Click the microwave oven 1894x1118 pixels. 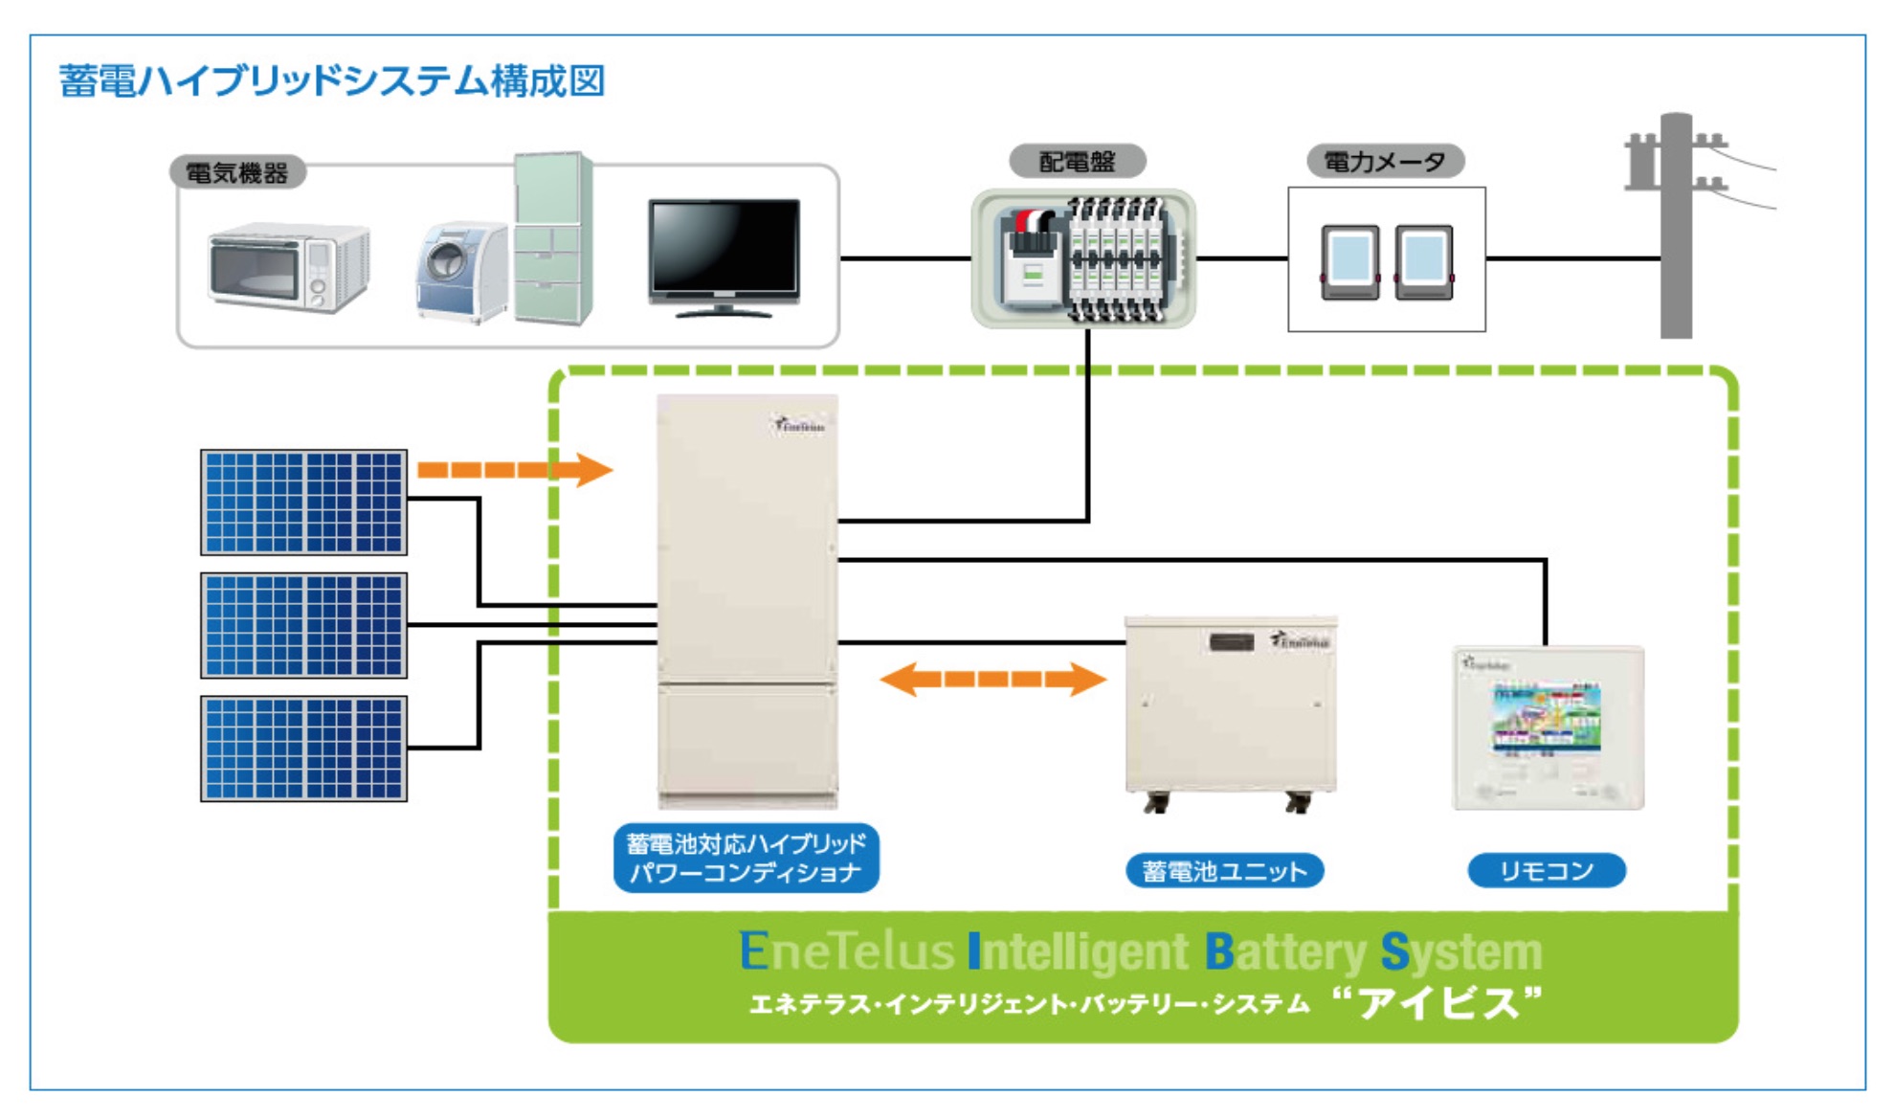click(288, 267)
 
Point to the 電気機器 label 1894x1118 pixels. click(236, 173)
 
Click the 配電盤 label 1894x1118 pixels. click(1077, 162)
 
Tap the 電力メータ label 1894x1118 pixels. click(1384, 162)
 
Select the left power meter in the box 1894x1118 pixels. click(1349, 262)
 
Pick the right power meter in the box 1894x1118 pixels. click(1424, 262)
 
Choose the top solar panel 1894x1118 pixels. click(303, 503)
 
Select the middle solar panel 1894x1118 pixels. click(303, 625)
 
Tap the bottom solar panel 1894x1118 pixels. click(303, 749)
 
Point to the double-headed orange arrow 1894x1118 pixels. click(992, 680)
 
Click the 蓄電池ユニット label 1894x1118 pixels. click(1224, 871)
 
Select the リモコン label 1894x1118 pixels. click(1546, 871)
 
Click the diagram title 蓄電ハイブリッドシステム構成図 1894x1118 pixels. click(331, 81)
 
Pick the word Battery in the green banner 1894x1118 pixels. click(1284, 951)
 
